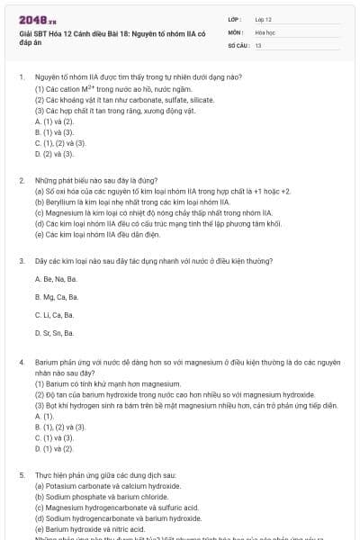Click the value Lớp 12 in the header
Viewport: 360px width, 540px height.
pos(263,18)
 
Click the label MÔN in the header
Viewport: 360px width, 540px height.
pos(235,31)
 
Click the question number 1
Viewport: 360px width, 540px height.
pos(22,78)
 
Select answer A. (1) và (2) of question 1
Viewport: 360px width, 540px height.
pos(48,121)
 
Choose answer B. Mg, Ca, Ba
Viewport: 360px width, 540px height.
pos(56,296)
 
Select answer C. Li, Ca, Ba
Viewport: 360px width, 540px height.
pos(54,314)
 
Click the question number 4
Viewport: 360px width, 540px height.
pos(22,361)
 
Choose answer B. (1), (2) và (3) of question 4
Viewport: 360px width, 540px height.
pos(56,427)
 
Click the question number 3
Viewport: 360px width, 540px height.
pos(22,260)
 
